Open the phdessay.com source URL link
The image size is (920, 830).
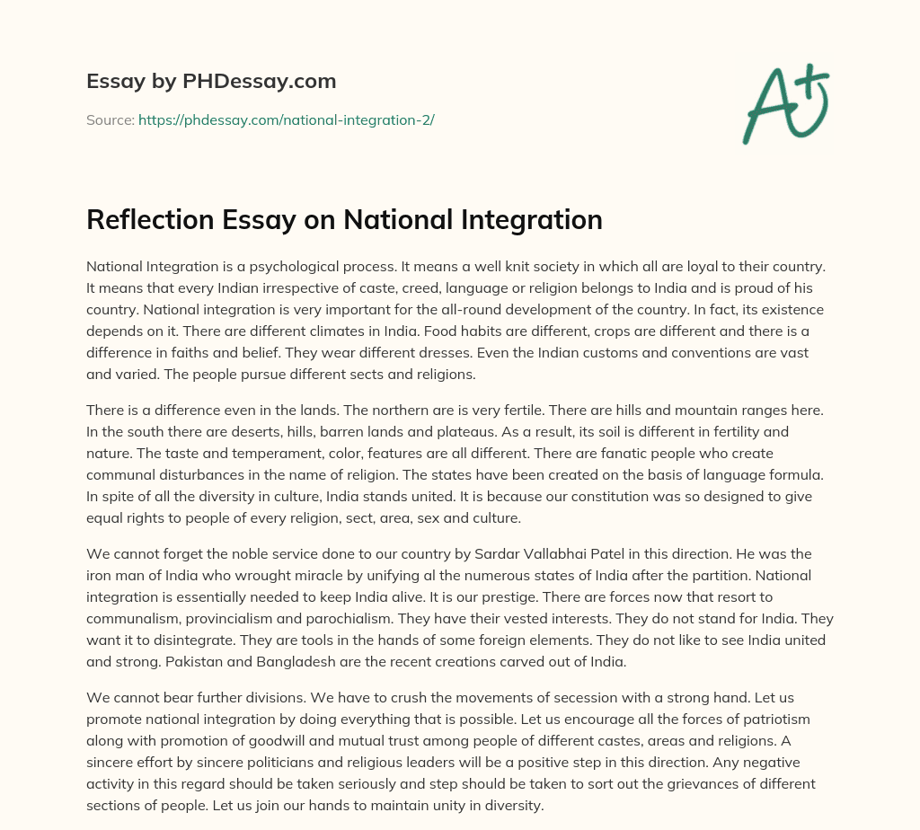(x=286, y=119)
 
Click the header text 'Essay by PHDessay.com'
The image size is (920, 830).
(x=211, y=82)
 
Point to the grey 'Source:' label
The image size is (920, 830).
(x=110, y=119)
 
